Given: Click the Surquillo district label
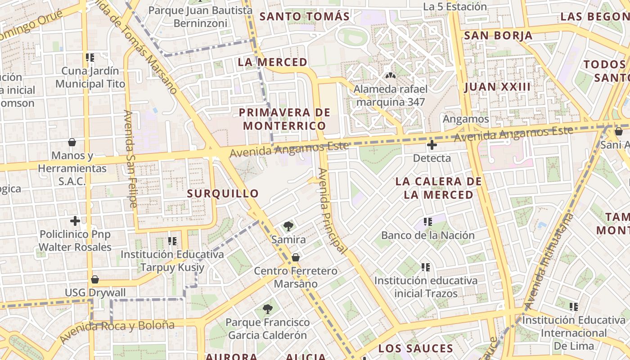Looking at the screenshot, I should click(223, 193).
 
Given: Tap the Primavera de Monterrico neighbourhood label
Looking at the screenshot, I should click(284, 119).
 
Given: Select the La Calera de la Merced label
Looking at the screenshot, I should click(438, 188).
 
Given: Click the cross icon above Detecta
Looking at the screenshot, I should click(432, 145).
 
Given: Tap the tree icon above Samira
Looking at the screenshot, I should click(288, 226).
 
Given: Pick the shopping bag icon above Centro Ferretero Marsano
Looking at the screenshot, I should click(296, 257).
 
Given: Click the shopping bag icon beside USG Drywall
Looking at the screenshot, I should click(95, 279).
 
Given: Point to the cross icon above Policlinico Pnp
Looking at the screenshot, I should click(75, 221).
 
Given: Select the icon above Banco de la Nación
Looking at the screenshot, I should click(427, 222).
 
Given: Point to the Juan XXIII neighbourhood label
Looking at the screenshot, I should click(497, 87).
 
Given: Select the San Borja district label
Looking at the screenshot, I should click(498, 36).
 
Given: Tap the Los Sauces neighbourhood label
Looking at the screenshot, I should click(415, 348).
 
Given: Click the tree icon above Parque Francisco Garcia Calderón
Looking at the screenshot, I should click(267, 309).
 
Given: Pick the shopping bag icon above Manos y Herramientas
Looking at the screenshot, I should click(72, 143).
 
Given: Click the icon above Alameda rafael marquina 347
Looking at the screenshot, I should click(390, 76).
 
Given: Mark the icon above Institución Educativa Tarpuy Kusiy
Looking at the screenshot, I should click(172, 241).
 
